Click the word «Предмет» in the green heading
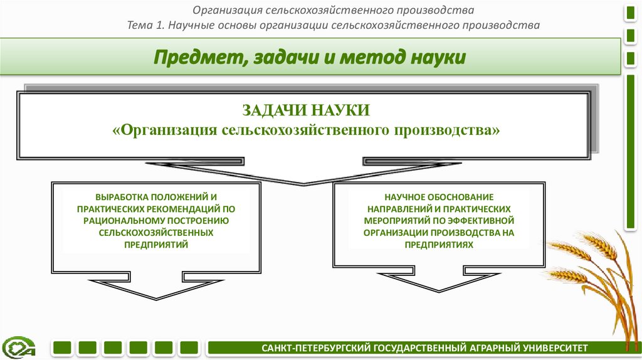click(x=192, y=59)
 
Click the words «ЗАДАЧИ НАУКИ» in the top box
click(x=306, y=111)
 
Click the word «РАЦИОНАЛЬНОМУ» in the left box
click(x=122, y=221)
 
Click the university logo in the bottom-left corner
click(x=19, y=347)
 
